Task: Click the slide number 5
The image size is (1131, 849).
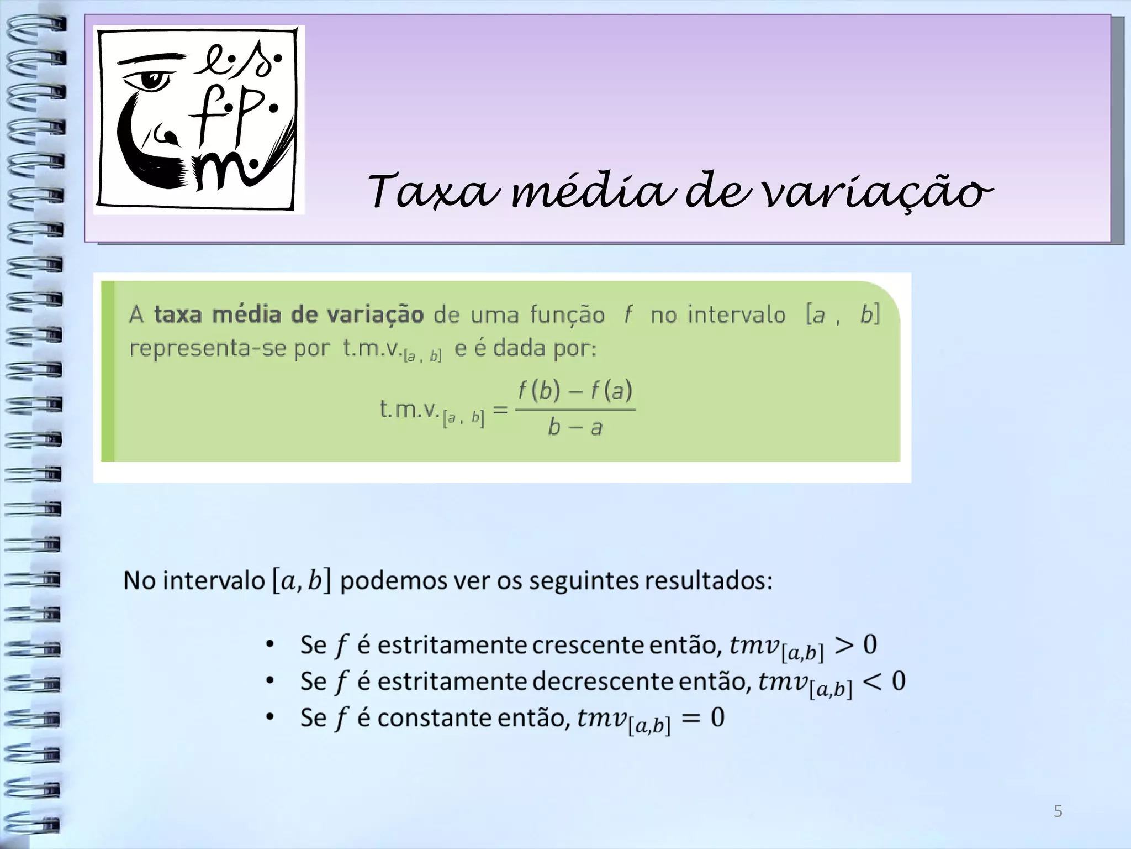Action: coord(1058,811)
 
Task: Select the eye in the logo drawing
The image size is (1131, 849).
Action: coord(147,81)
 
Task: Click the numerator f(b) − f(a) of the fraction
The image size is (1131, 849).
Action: coord(575,391)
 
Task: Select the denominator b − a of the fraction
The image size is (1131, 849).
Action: coord(574,427)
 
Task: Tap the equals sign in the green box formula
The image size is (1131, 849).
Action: coord(500,410)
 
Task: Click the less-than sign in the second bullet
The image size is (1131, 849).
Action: coord(874,682)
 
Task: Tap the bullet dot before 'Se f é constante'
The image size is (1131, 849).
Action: coord(269,717)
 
